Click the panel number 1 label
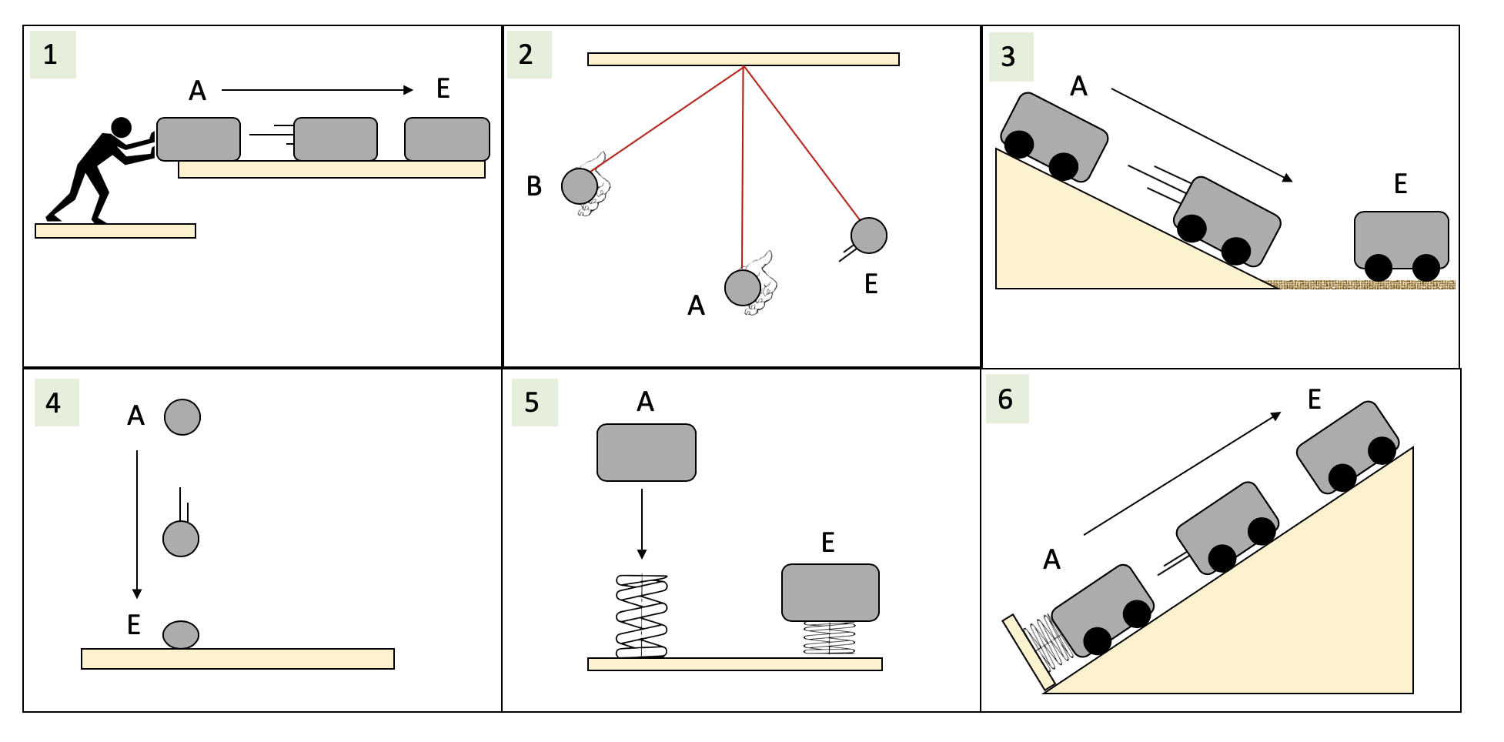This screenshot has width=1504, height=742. [51, 55]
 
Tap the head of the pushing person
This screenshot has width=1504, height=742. [122, 127]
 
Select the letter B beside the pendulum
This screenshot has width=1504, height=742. [534, 186]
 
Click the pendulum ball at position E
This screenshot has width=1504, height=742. [869, 236]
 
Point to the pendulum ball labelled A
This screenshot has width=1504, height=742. [743, 287]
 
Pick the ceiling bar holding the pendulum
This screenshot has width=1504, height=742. [743, 59]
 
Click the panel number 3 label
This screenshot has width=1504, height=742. [1008, 56]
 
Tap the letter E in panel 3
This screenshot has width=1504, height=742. [1401, 184]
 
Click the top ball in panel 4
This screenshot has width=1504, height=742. [182, 417]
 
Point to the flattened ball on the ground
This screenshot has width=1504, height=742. [181, 634]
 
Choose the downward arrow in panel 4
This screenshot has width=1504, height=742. [137, 524]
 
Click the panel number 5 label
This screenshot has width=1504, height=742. [532, 403]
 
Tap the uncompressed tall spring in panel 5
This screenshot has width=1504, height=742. [641, 616]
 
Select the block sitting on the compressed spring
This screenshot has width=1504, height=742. [830, 592]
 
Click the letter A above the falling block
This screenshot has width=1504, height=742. [645, 402]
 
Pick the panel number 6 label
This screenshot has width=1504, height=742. [1005, 399]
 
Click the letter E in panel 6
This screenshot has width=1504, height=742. [1315, 399]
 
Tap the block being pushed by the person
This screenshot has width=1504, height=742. [199, 139]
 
